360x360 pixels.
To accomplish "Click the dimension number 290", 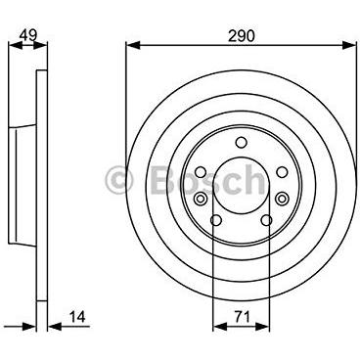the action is [x=242, y=35].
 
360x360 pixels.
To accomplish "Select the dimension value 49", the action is [x=28, y=35].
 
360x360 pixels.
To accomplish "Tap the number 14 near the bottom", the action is [x=77, y=316].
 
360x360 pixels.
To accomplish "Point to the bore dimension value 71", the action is [x=242, y=316].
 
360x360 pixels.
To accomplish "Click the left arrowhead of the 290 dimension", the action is [x=133, y=45].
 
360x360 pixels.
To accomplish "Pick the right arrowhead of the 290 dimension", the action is [x=349, y=45].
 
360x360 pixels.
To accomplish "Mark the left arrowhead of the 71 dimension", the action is [x=219, y=326].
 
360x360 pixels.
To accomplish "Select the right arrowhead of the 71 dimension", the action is [x=263, y=326].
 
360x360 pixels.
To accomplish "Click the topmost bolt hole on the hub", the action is [x=242, y=142].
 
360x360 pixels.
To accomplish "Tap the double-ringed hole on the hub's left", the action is [x=201, y=198].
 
